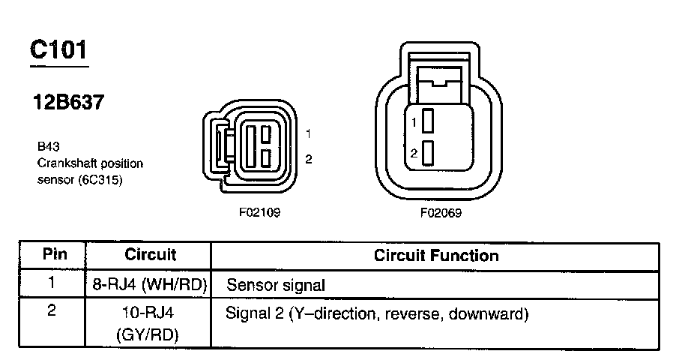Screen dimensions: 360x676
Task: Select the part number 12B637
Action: [67, 103]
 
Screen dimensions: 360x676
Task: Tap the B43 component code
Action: [47, 148]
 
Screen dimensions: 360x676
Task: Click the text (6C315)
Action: [100, 181]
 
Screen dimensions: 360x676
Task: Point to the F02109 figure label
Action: [259, 212]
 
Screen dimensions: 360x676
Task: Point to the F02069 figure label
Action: [441, 212]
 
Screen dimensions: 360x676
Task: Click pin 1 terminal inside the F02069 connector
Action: [429, 120]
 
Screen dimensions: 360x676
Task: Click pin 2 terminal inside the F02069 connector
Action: [429, 153]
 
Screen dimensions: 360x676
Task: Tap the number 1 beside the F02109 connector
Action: [309, 133]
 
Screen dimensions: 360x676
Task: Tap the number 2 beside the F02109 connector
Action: [309, 158]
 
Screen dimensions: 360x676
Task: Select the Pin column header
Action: [54, 254]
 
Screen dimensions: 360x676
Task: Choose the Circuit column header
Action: [150, 254]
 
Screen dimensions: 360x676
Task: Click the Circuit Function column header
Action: [435, 255]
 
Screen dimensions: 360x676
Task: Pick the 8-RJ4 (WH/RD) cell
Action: [150, 285]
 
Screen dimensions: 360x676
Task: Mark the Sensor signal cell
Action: [276, 285]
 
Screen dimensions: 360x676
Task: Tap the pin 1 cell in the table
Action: [52, 283]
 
